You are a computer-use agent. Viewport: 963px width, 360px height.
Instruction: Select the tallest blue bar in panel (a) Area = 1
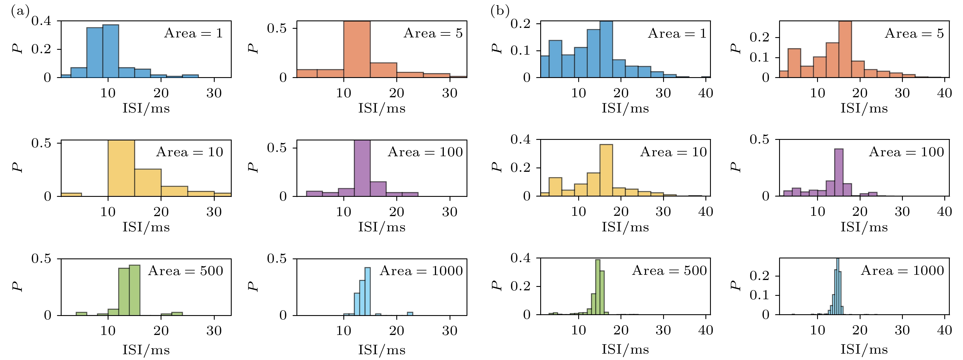click(111, 51)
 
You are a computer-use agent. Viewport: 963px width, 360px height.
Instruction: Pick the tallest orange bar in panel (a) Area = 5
click(357, 49)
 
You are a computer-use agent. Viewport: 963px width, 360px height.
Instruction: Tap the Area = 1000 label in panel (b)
click(902, 270)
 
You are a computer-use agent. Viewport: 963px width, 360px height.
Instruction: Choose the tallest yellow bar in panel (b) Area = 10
click(606, 170)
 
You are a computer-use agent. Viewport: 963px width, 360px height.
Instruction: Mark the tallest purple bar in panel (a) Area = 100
click(362, 168)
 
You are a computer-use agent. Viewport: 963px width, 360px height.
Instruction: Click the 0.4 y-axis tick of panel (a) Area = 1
click(41, 21)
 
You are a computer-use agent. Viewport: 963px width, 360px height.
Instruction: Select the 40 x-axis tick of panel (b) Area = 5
click(944, 93)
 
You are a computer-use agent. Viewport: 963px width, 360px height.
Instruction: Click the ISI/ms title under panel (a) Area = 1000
click(382, 350)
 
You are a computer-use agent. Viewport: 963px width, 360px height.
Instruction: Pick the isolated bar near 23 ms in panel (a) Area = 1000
click(410, 314)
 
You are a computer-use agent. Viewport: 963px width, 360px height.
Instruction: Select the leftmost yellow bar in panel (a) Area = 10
click(71, 195)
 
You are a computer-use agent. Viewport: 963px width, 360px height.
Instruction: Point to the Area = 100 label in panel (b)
click(906, 152)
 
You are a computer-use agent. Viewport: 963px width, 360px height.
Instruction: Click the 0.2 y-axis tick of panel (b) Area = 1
click(520, 24)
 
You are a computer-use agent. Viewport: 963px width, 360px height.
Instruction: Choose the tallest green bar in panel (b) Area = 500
click(597, 287)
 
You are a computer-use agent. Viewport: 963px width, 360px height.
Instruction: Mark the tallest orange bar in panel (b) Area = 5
click(845, 49)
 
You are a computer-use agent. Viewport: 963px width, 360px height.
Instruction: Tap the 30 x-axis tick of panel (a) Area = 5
click(450, 93)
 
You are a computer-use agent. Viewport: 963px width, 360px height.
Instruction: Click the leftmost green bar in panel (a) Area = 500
click(81, 314)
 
